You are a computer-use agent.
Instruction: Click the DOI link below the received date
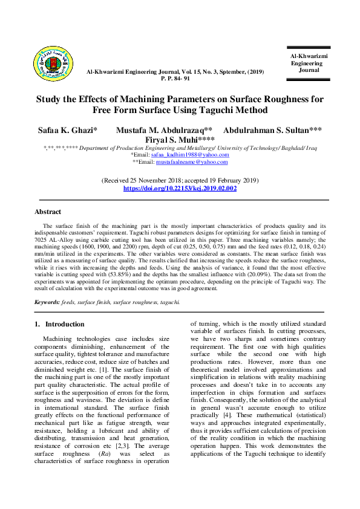coord(180,189)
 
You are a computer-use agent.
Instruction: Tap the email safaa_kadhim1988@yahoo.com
coord(182,155)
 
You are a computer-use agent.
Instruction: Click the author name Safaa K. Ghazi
coord(66,130)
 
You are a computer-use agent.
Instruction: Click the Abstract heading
coord(48,212)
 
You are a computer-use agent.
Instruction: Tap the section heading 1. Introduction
coord(60,324)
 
